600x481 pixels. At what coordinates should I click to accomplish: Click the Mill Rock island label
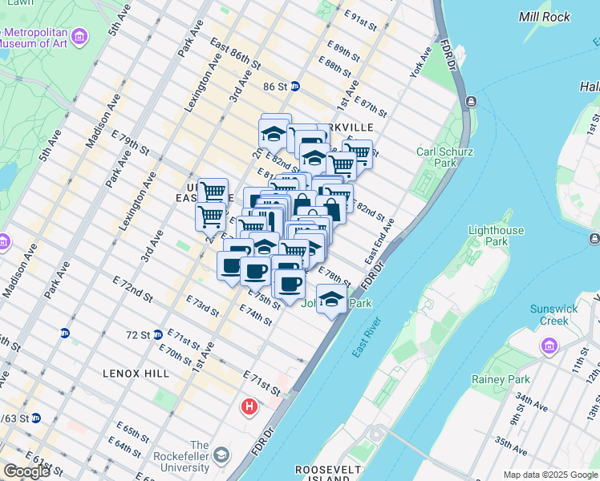click(545, 16)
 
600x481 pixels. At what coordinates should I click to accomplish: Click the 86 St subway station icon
click(294, 86)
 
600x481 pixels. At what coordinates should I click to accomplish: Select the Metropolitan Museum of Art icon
click(79, 36)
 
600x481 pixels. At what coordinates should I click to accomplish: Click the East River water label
click(366, 339)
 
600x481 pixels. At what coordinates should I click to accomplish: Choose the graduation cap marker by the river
click(330, 300)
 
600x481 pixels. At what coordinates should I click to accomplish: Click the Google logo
click(26, 471)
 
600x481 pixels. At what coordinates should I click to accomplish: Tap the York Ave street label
click(421, 65)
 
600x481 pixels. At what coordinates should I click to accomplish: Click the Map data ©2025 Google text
click(549, 475)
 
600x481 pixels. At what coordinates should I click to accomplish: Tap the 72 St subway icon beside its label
click(158, 334)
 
